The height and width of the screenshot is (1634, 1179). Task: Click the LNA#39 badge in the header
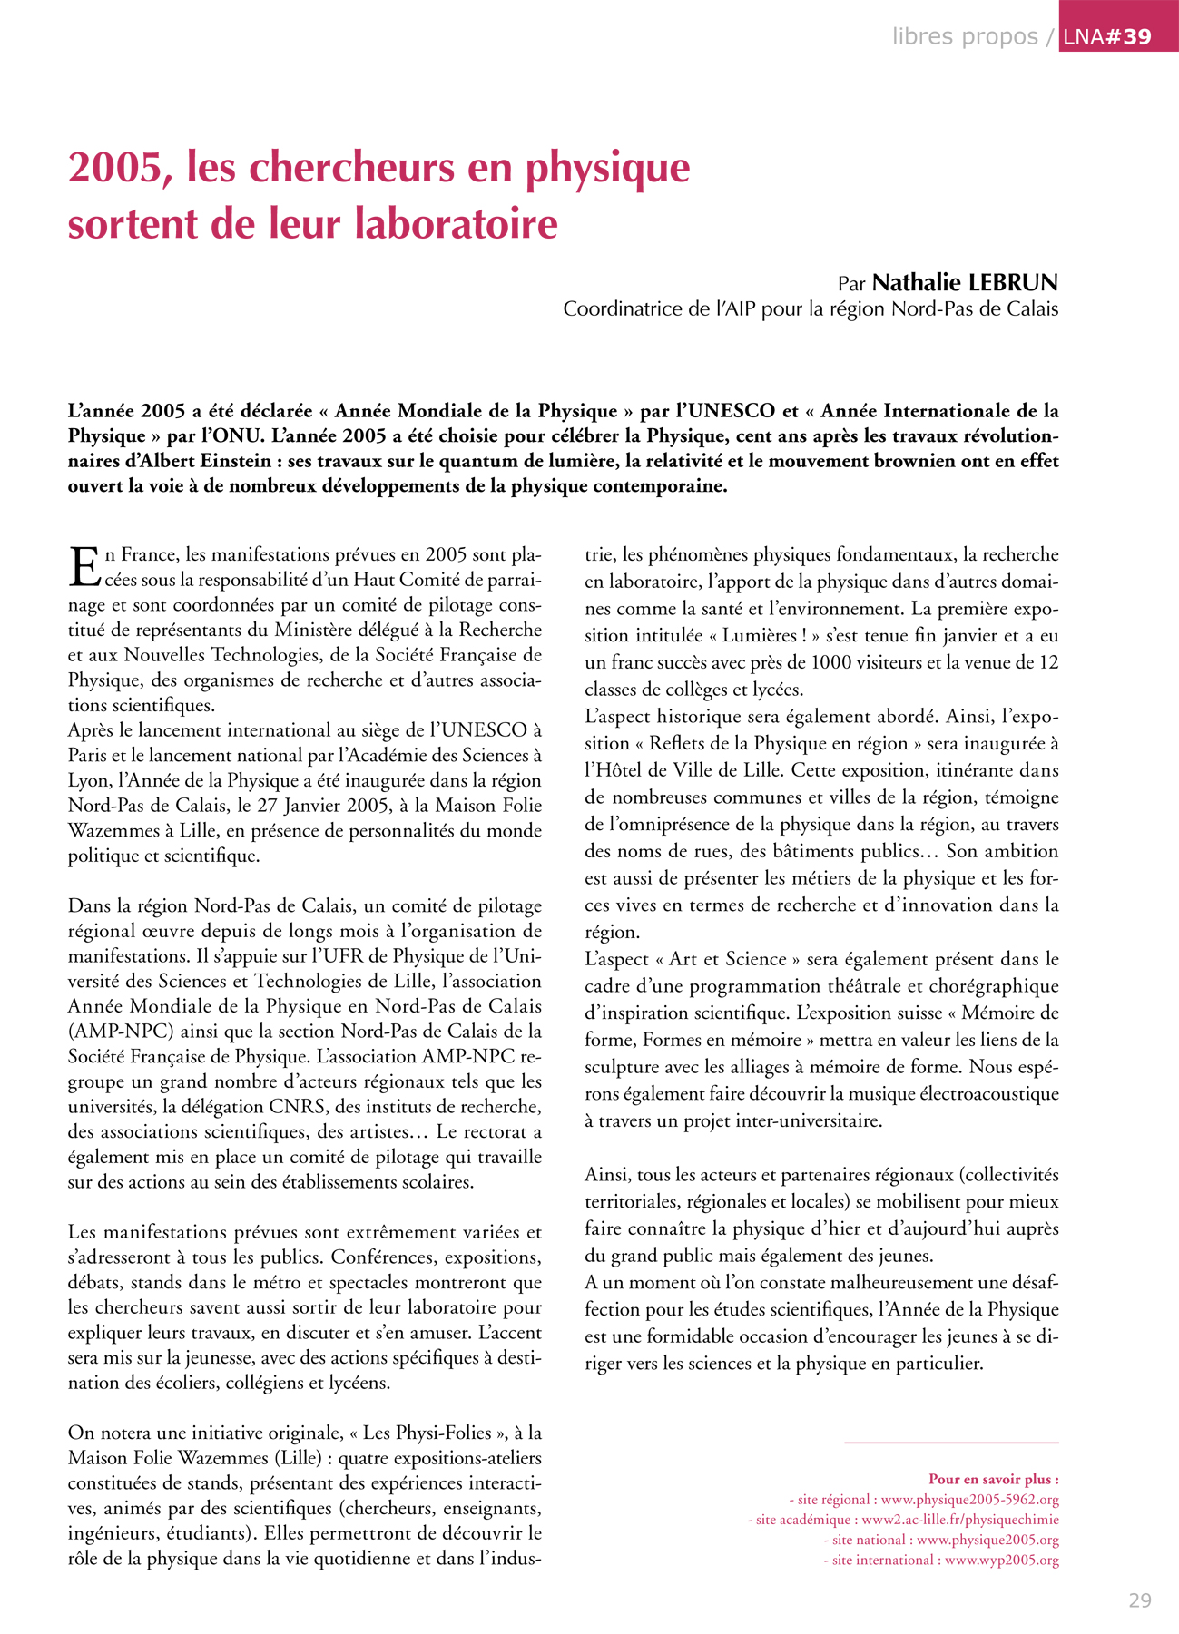coord(1117,36)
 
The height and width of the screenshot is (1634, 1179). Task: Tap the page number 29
coord(1139,1600)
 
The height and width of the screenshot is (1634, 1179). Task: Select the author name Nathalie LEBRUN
coord(965,282)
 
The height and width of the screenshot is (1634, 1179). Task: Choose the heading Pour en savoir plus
coord(993,1479)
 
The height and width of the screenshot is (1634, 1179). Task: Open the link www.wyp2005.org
coord(1001,1560)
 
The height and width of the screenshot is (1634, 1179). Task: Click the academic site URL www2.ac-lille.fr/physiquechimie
coord(959,1519)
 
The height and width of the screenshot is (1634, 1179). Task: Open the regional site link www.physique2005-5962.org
coord(969,1499)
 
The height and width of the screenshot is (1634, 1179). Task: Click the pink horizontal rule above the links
coord(950,1442)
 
